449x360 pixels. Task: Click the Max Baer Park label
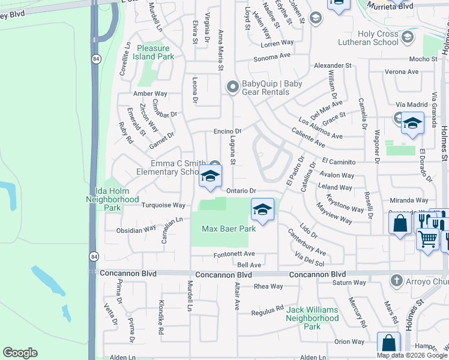[228, 229]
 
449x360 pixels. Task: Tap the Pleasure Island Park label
[155, 52]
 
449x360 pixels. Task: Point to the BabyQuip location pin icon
[232, 88]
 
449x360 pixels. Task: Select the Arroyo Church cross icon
[396, 280]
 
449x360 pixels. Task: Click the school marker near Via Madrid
[412, 124]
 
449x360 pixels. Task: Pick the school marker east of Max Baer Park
[262, 211]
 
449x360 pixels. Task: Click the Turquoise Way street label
[163, 205]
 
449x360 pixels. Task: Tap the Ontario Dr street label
[241, 191]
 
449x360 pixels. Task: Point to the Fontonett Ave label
[234, 254]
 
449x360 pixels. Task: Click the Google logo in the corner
[20, 353]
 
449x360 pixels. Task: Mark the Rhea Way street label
[268, 286]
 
